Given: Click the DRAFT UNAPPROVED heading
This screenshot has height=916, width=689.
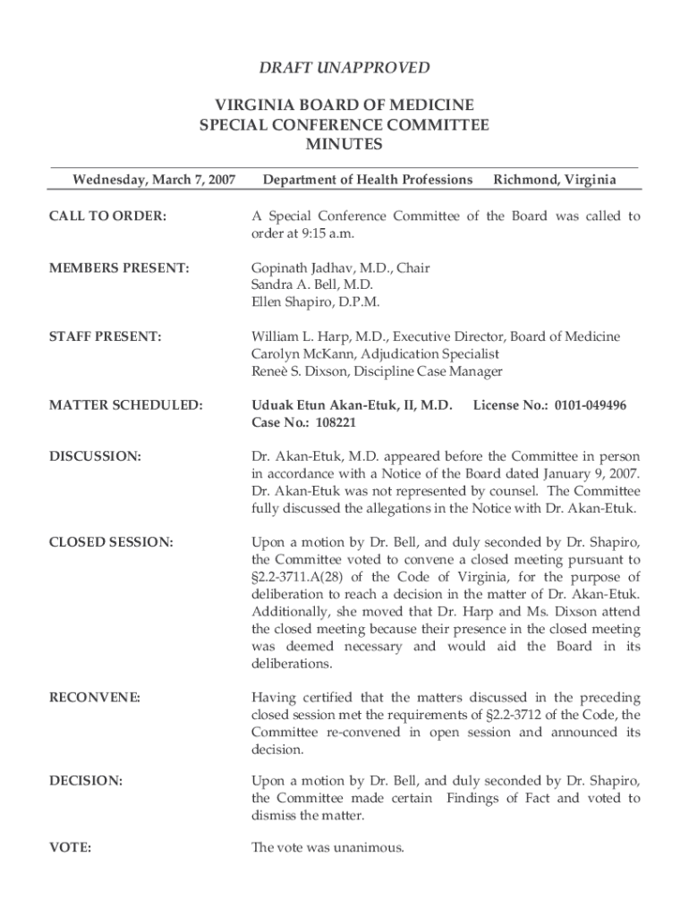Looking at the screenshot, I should (x=344, y=68).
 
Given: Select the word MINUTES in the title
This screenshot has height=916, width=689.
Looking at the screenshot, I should (x=344, y=145).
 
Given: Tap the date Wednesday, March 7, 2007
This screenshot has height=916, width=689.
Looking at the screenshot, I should (x=154, y=181).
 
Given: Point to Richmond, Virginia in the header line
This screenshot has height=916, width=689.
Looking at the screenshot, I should (x=555, y=181).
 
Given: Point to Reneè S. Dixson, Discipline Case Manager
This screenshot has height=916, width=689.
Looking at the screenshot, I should (x=377, y=371).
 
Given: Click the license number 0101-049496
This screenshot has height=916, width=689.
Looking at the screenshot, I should (x=590, y=405).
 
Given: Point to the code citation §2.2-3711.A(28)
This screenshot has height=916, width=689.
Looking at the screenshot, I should (x=304, y=577).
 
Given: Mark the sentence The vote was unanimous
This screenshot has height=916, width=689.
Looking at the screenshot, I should (x=327, y=848).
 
